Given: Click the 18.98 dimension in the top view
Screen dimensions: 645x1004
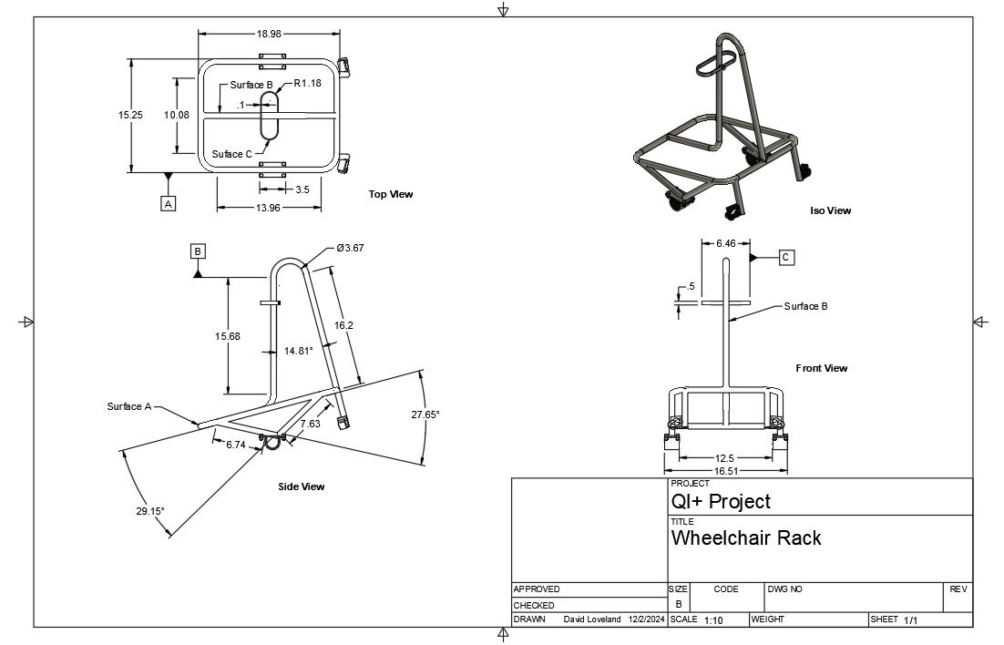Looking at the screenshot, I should [269, 34].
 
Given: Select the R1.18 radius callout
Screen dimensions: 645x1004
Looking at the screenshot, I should [308, 83].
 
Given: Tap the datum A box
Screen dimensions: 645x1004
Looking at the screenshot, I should [168, 204].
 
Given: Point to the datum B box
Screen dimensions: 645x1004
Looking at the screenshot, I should [199, 251].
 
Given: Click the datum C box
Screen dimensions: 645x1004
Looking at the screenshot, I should [786, 258].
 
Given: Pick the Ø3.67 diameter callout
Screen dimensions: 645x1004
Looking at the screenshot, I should [350, 248].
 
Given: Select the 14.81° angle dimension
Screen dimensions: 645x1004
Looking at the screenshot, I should [298, 350].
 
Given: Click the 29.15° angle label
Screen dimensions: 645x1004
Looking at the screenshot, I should [150, 511].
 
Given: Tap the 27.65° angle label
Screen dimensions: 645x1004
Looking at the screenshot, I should [425, 415].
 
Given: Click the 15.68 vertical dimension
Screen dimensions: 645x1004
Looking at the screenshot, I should [228, 336].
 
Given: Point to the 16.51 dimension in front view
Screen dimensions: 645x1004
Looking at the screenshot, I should [727, 471].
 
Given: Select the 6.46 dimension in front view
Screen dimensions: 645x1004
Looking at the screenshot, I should [726, 243].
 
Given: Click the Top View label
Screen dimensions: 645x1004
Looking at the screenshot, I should [391, 194].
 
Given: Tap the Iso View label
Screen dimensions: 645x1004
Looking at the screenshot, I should [830, 210].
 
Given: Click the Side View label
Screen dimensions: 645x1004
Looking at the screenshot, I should [301, 486].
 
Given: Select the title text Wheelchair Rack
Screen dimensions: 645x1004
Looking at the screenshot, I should [745, 537].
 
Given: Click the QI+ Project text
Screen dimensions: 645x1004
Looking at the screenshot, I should [721, 501].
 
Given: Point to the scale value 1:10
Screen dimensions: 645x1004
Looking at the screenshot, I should [713, 620].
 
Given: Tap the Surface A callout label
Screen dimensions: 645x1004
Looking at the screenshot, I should [128, 406].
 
